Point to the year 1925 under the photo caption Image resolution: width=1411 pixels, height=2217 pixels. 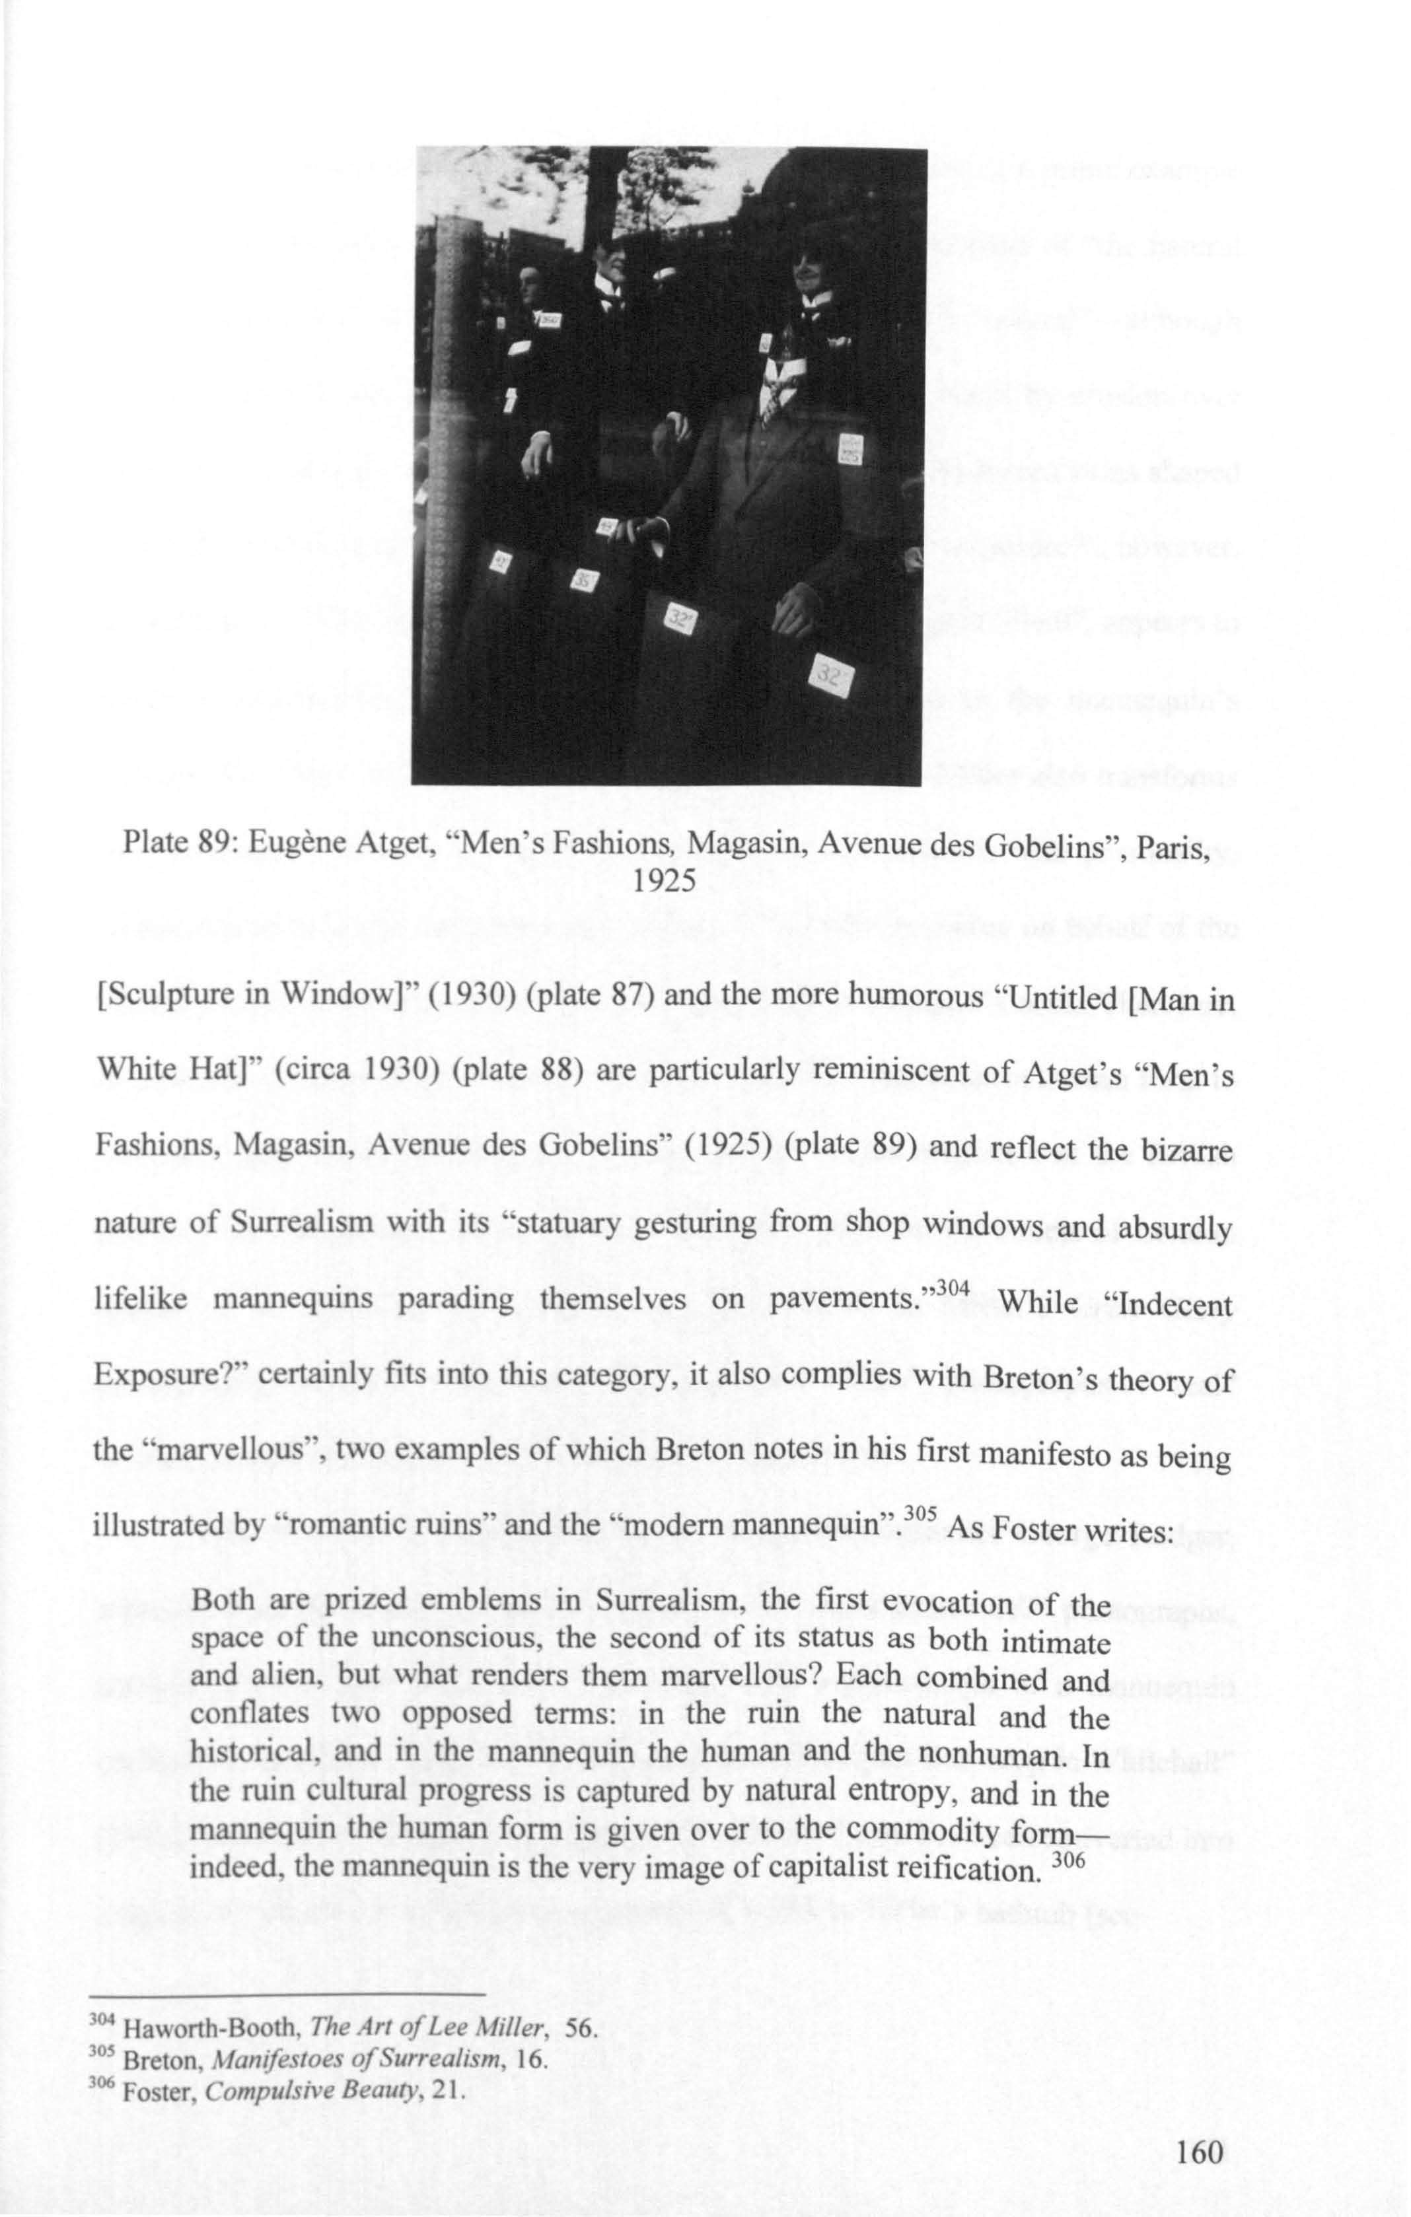(x=664, y=881)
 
